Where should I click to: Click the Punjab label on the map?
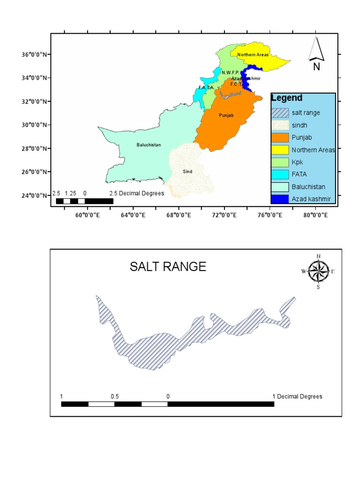[x=226, y=115]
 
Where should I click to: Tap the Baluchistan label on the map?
[x=149, y=145]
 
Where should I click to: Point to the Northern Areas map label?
[x=253, y=55]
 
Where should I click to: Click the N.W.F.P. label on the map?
[x=231, y=72]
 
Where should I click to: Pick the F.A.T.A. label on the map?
[x=206, y=87]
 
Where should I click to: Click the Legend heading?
[x=287, y=98]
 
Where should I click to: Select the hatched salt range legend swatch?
[x=280, y=113]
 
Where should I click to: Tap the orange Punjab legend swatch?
[x=280, y=138]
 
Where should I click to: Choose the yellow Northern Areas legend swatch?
[x=280, y=150]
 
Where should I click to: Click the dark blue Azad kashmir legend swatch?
[x=280, y=199]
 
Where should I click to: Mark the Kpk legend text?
[x=297, y=162]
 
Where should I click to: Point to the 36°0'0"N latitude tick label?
[x=34, y=54]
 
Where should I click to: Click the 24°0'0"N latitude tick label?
[x=34, y=195]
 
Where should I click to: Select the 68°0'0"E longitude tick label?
[x=179, y=215]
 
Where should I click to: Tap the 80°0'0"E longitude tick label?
[x=314, y=215]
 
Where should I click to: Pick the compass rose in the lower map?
[x=318, y=271]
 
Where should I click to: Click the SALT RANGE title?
[x=168, y=267]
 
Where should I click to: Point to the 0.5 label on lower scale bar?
[x=115, y=397]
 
